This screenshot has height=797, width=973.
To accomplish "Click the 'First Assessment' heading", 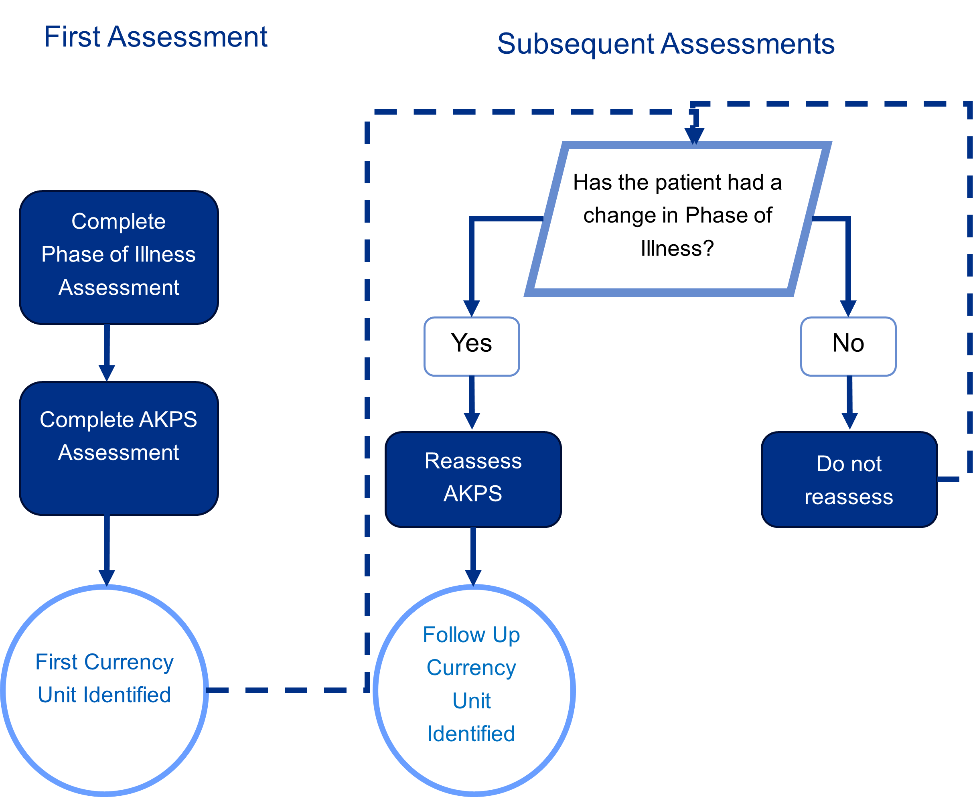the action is point(156,37).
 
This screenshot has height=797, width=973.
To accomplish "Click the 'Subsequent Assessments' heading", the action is point(666,44).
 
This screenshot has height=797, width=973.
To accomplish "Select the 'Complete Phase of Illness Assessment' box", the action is point(119,258).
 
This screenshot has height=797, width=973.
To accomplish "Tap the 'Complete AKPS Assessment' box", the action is point(119,448).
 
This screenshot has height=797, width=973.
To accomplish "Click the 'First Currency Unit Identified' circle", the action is point(105,690).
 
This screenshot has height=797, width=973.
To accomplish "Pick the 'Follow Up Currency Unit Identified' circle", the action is point(474,690).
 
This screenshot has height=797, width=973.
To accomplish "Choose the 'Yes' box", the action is point(472,347).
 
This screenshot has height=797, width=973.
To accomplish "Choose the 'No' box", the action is point(848,347).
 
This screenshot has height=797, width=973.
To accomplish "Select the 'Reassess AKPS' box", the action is point(473,479).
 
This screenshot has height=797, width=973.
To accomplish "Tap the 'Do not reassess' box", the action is point(849,479).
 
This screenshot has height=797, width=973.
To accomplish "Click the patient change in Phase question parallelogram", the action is point(678,219).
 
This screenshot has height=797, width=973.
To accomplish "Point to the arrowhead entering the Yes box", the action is point(471,308).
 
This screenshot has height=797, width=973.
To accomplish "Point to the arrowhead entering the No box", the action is point(848,308).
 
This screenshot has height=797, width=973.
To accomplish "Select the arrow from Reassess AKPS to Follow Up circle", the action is point(473,557).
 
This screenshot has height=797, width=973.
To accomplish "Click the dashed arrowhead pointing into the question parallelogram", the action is point(694,136).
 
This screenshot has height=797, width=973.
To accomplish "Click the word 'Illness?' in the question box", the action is point(677,248).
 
